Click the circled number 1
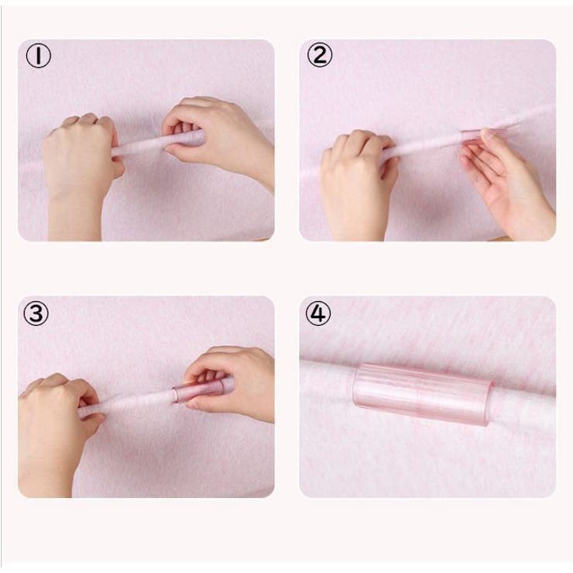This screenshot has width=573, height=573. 38,56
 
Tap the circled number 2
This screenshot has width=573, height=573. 320,55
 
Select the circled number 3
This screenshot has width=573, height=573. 36,313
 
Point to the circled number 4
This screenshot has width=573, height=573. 318,313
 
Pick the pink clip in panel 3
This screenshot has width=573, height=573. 198,392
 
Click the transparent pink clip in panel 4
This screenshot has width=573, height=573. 422,395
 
